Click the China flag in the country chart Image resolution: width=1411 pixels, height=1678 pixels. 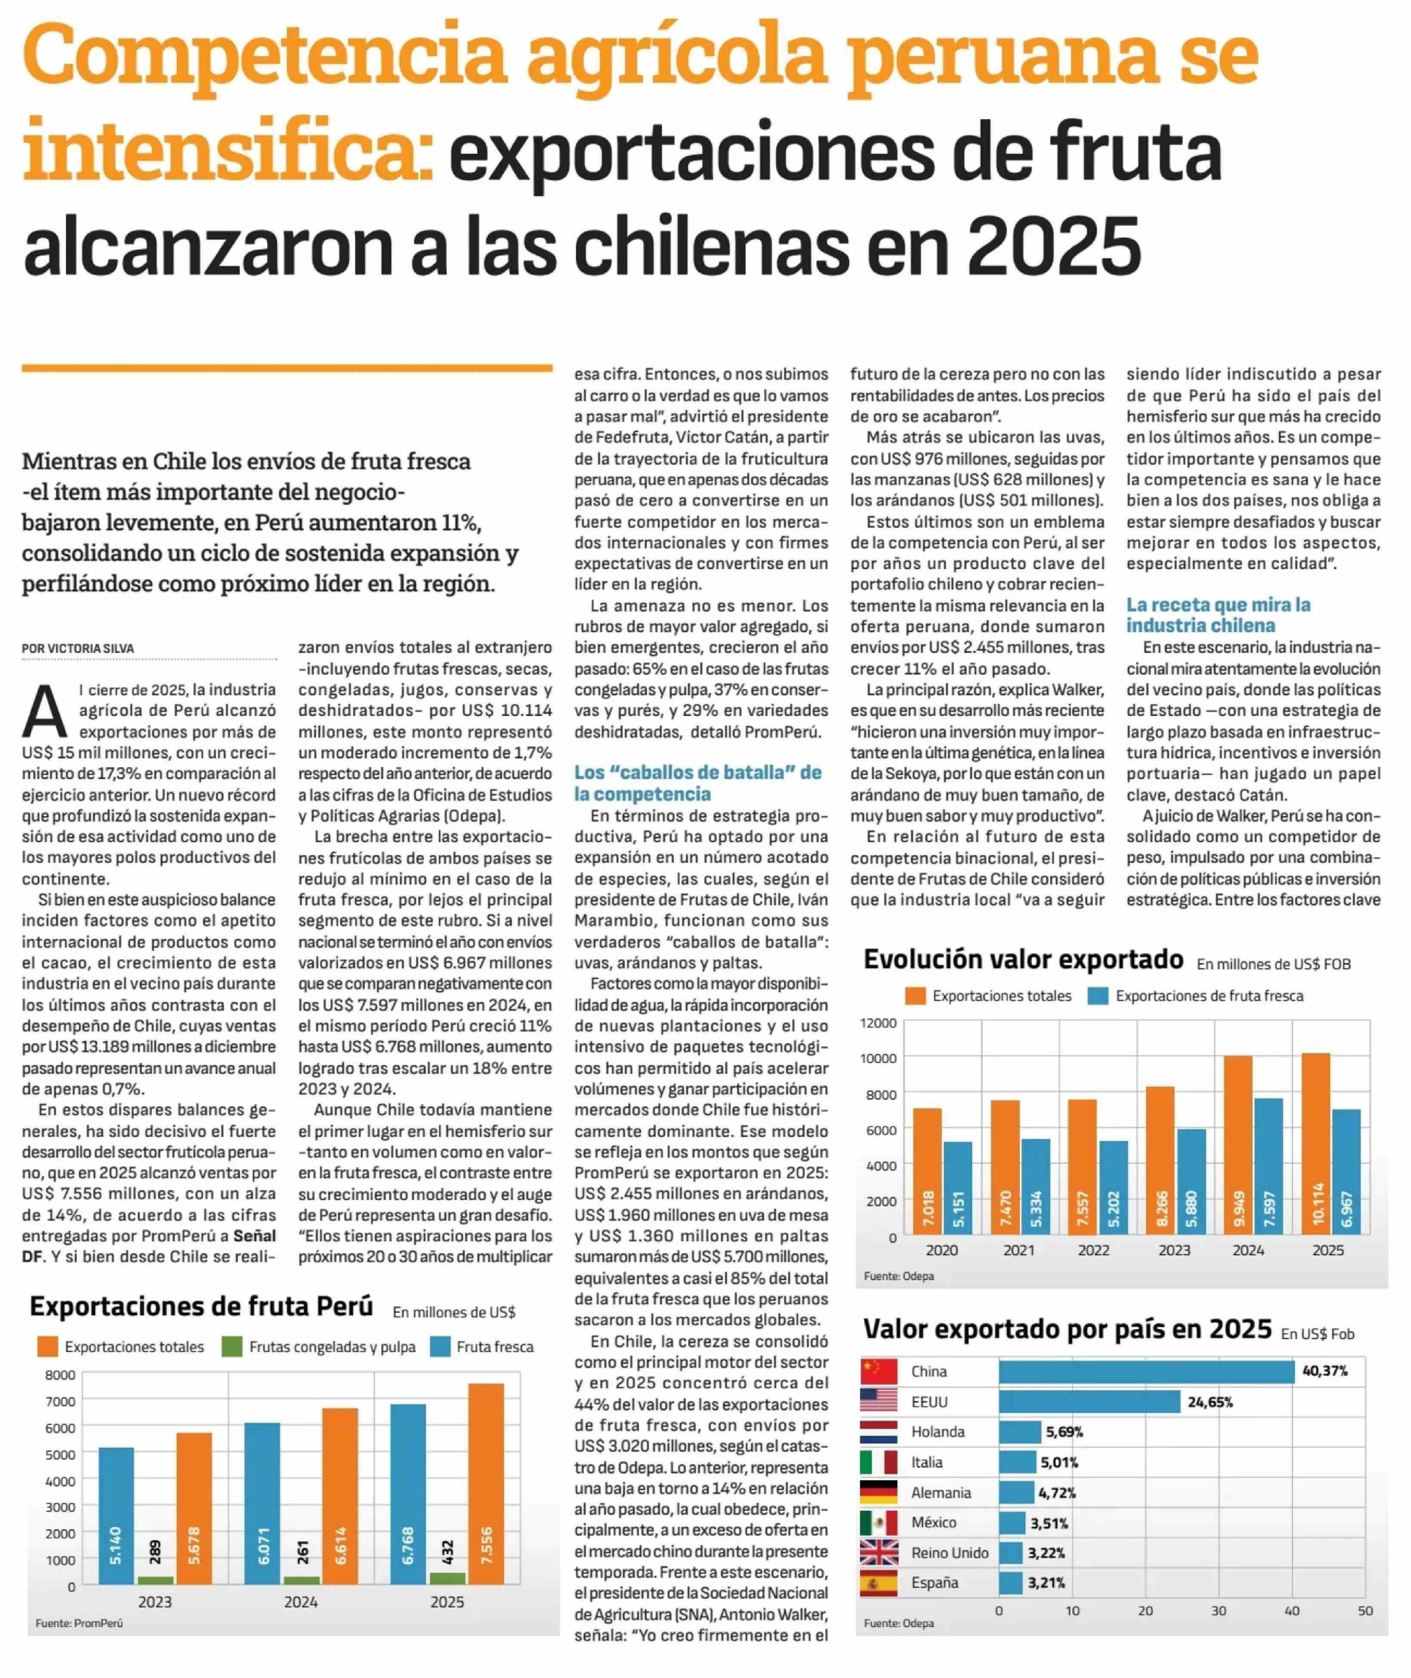878,1371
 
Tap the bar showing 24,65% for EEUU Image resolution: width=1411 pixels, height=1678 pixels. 1090,1401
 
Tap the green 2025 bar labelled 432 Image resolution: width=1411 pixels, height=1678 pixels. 447,1578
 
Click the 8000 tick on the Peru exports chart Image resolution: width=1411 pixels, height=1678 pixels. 61,1375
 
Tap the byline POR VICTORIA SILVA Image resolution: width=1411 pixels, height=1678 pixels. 78,648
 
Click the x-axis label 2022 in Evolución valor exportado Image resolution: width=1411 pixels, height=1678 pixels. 1093,1250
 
